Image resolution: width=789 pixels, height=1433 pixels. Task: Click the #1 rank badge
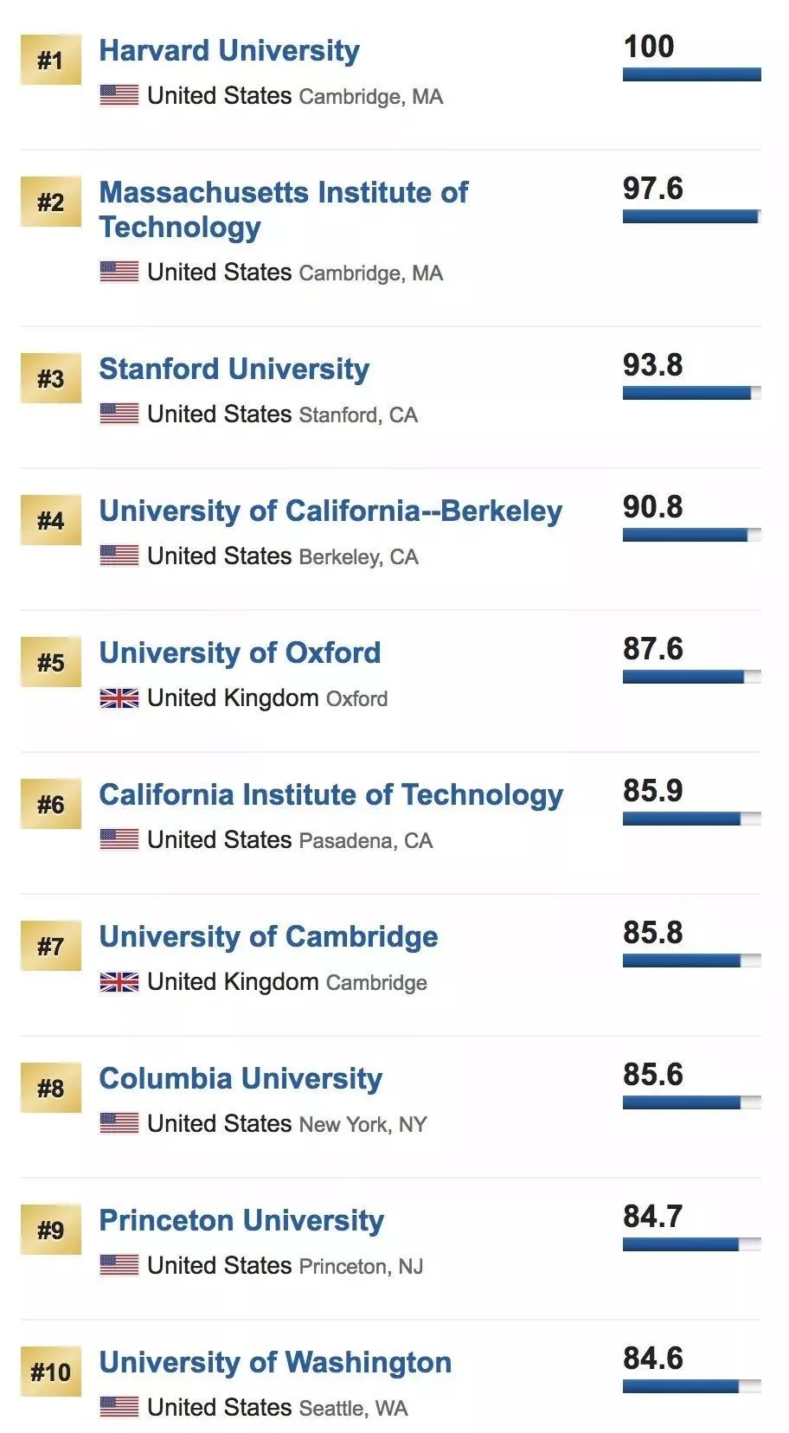point(50,60)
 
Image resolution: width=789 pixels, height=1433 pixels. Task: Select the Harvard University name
point(229,50)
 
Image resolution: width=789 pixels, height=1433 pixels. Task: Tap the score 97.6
point(652,188)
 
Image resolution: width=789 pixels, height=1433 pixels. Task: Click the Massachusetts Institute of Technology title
point(283,209)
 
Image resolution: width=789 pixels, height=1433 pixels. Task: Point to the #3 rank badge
point(50,378)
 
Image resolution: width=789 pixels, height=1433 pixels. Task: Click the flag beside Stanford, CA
point(119,414)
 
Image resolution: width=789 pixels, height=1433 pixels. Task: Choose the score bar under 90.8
point(691,536)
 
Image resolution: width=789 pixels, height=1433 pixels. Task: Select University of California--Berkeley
point(330,511)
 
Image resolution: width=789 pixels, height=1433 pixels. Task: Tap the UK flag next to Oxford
point(119,697)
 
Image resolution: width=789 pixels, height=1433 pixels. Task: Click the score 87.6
point(652,648)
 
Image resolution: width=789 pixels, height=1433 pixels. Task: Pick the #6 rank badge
point(50,804)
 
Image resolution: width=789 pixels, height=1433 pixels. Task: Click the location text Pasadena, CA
point(365,840)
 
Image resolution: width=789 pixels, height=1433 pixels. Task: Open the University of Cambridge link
point(268,936)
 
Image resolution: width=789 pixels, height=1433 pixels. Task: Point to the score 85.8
point(652,932)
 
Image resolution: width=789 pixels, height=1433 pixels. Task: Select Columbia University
point(241,1078)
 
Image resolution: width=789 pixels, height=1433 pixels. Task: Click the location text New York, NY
point(362,1124)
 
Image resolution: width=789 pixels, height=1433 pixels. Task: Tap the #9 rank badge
point(50,1230)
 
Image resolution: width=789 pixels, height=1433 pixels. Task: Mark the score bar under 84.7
point(691,1245)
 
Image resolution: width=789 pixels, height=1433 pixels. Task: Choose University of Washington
point(275,1362)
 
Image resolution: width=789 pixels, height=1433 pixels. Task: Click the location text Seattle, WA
point(353,1408)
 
